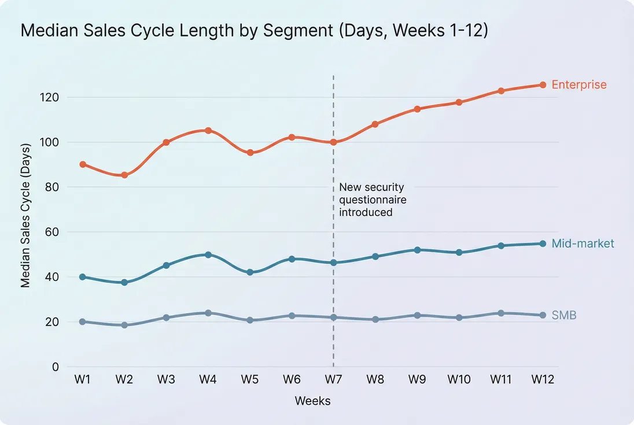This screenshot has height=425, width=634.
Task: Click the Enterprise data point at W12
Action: click(543, 85)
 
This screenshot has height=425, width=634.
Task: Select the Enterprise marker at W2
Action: click(124, 175)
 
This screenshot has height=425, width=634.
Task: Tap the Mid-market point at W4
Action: click(208, 254)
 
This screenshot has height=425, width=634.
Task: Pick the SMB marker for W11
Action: click(501, 313)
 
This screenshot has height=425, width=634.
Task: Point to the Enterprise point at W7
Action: click(334, 142)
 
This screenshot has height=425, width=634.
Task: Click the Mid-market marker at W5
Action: click(250, 272)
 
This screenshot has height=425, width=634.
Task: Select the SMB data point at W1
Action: click(83, 321)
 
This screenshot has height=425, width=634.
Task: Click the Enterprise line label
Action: click(579, 85)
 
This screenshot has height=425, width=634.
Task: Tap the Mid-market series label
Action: click(583, 243)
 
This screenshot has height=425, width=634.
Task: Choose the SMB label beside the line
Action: click(564, 315)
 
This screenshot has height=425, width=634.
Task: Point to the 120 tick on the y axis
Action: click(50, 97)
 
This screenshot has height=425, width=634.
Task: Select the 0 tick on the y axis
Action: click(56, 367)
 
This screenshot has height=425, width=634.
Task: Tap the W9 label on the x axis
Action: click(417, 380)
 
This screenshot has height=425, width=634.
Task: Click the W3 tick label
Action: click(167, 380)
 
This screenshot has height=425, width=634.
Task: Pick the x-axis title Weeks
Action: click(312, 401)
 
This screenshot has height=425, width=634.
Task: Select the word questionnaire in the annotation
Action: click(373, 200)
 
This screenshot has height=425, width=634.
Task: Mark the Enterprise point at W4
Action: click(208, 131)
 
